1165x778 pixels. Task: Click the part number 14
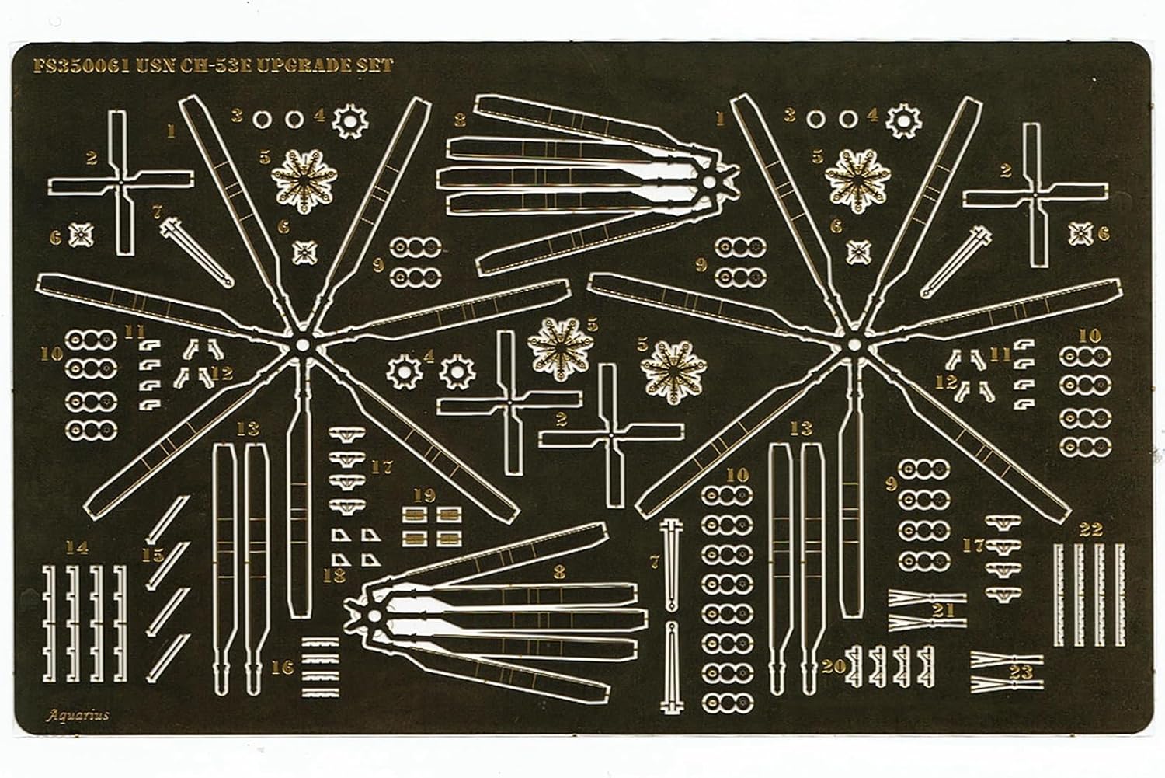(76, 548)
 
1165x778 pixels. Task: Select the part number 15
(153, 555)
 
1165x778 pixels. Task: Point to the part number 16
(283, 667)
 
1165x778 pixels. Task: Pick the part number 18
(334, 575)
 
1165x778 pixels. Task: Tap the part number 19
(424, 494)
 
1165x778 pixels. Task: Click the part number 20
(833, 667)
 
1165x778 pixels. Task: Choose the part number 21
(943, 611)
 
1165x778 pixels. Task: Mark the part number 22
(1091, 530)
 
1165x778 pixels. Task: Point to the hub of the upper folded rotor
(708, 181)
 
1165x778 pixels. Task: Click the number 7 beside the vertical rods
(655, 561)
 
